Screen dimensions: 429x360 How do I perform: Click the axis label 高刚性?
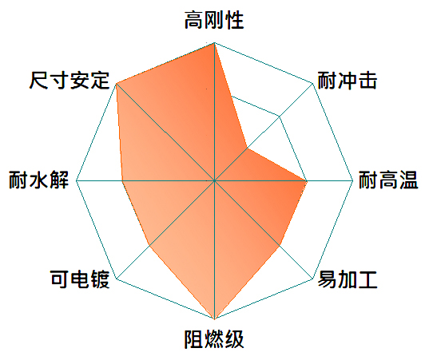[214, 20]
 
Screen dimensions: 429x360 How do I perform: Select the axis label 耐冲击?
[348, 81]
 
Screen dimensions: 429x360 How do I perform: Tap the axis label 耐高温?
[388, 180]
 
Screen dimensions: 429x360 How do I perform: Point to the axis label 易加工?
[348, 279]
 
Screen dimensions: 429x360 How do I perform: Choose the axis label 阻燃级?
[214, 339]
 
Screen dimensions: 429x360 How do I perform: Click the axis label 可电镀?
[80, 279]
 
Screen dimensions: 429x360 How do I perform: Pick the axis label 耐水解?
[38, 180]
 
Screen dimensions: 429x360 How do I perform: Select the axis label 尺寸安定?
[70, 81]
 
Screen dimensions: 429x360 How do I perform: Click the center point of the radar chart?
[214, 180]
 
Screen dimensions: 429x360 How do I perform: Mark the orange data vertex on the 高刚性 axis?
[214, 43]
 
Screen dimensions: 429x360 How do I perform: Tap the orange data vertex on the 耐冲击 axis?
[247, 148]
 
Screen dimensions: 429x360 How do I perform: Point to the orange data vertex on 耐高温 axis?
[307, 180]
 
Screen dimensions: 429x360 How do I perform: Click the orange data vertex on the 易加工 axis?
[280, 246]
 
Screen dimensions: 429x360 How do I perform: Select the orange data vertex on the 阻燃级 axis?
[214, 318]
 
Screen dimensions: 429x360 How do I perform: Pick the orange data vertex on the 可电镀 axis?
[149, 246]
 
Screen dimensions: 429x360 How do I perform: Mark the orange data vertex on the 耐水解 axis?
[122, 180]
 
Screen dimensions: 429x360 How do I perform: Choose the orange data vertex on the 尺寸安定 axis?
[117, 83]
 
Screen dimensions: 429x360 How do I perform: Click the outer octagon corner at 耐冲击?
[312, 83]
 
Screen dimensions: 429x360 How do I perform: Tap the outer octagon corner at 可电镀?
[117, 279]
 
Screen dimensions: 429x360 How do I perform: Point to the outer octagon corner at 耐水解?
[77, 180]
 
